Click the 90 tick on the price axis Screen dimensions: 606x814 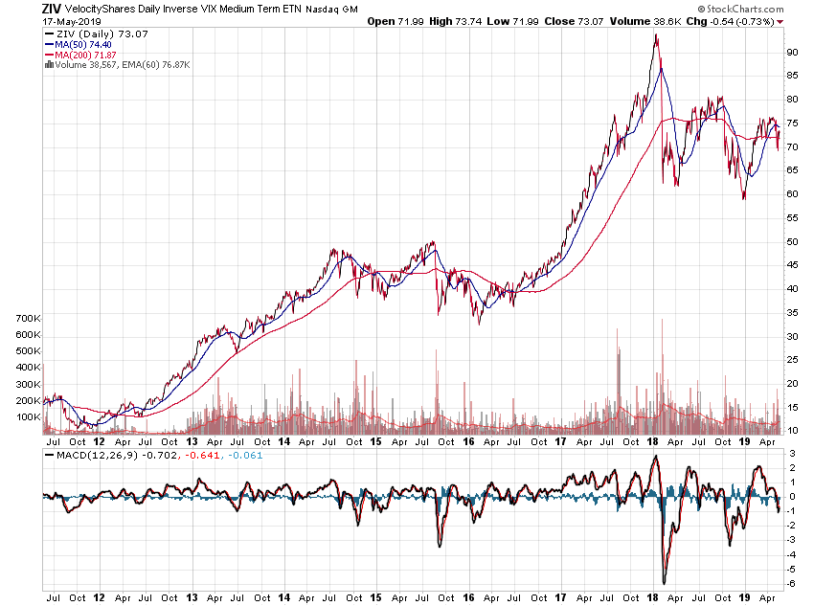[793, 52]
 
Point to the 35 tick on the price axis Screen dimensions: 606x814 [793, 312]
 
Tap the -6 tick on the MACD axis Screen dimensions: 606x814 [791, 584]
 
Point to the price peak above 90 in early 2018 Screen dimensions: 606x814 [656, 36]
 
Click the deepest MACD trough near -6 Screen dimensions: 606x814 [663, 582]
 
